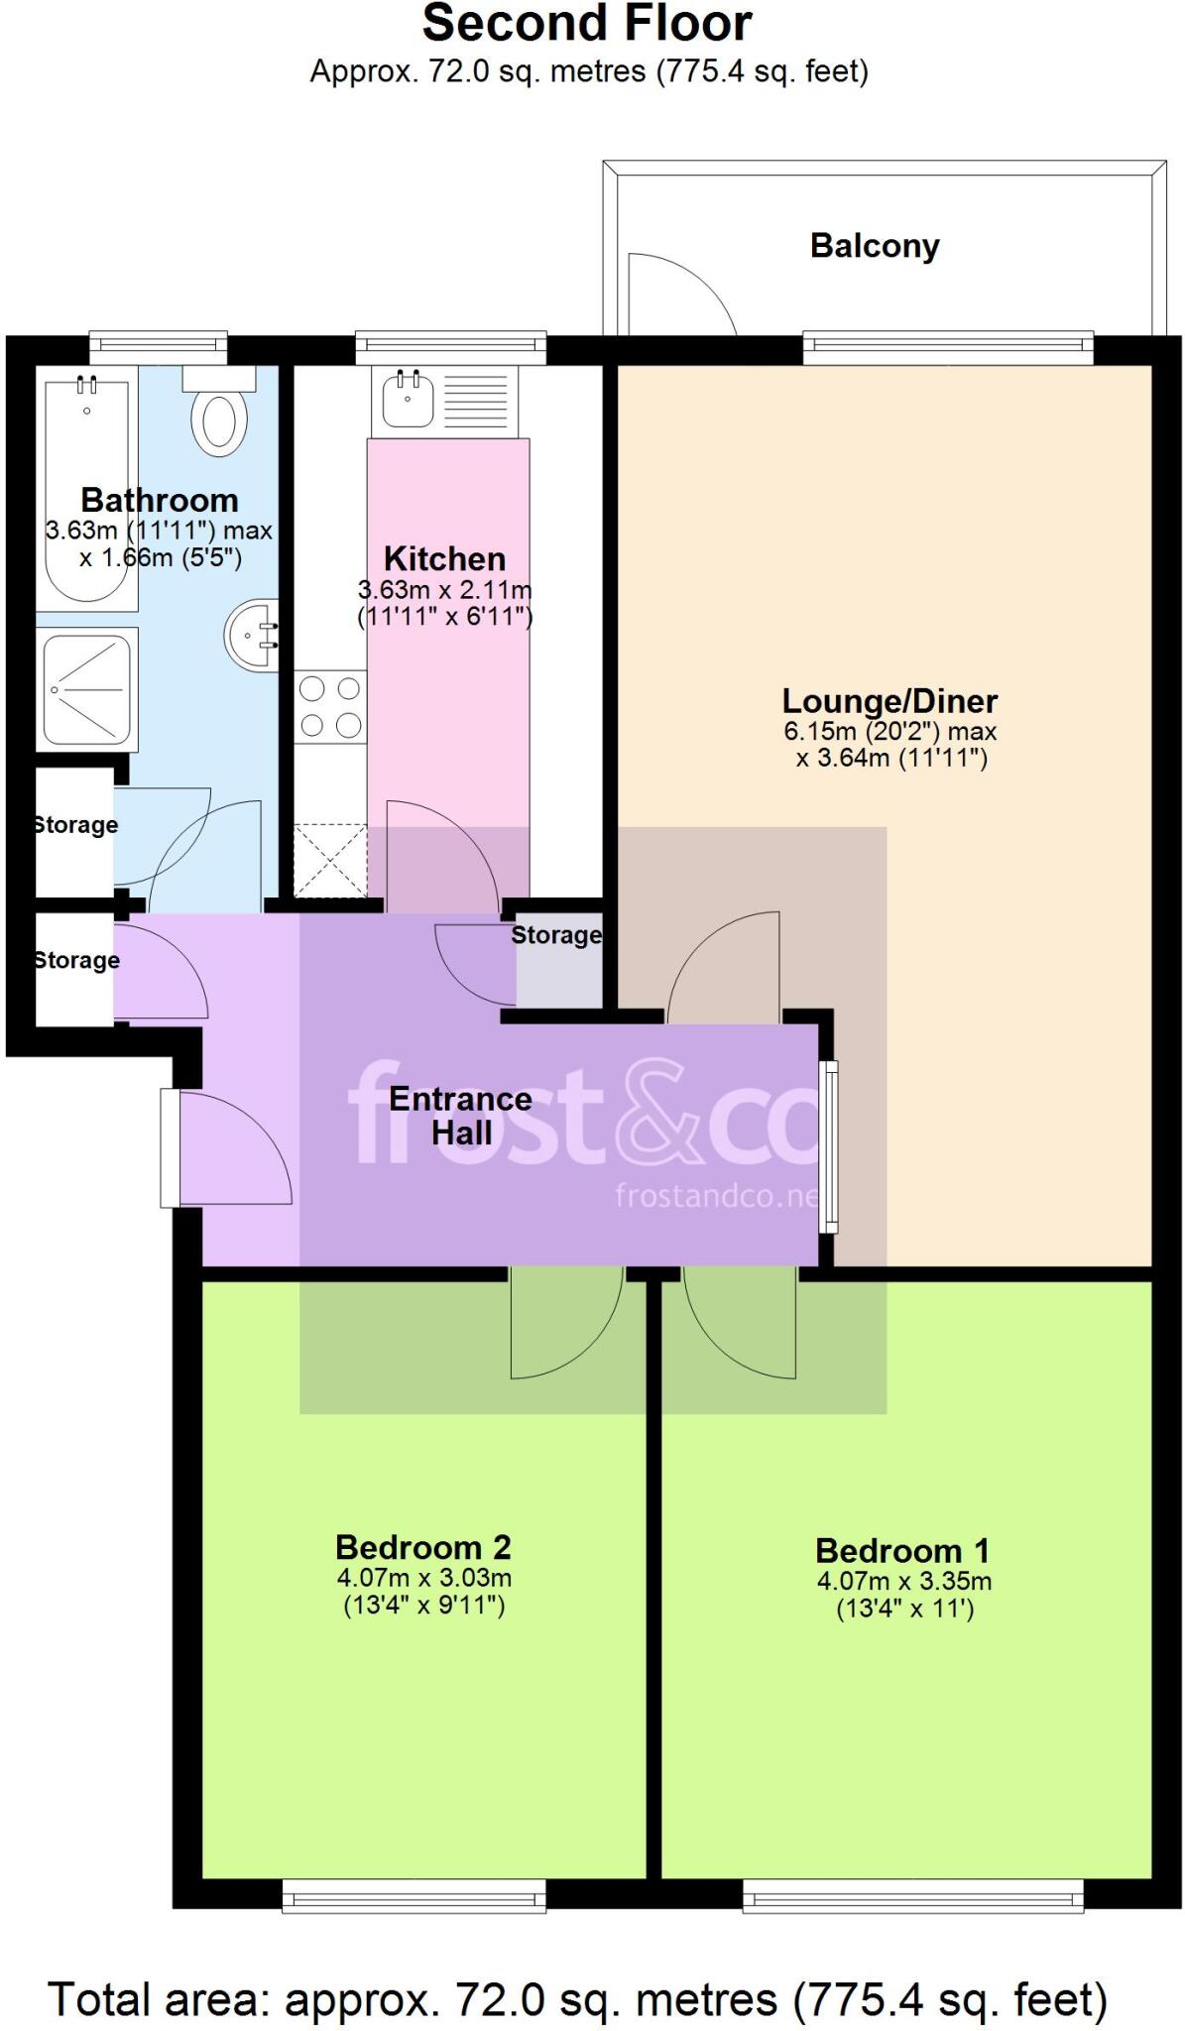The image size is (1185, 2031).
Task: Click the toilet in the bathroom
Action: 219,417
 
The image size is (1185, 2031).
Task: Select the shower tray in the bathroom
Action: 86,688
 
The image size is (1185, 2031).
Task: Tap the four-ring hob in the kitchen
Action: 330,706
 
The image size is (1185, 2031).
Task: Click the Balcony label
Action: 874,246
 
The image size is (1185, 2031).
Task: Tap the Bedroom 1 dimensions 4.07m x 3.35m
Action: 903,1581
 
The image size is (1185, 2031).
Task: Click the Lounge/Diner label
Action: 889,701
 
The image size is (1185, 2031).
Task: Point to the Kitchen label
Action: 444,558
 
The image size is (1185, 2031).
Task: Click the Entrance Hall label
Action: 460,1116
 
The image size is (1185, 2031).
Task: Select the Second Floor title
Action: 587,24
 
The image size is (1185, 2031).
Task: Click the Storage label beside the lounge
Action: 555,935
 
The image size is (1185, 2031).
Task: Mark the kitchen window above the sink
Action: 450,347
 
